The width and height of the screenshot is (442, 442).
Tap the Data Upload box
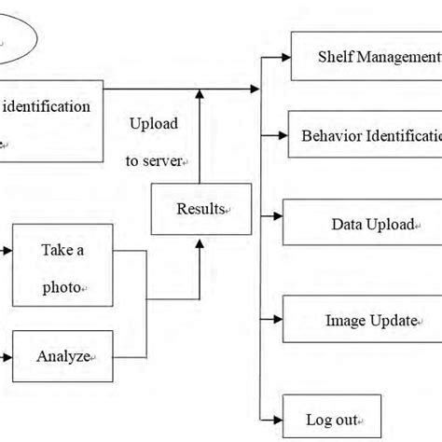point(363,224)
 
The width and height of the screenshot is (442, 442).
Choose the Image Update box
point(363,321)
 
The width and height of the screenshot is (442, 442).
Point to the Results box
point(200,209)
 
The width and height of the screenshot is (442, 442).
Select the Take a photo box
point(63,267)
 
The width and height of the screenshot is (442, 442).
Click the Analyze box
point(63,355)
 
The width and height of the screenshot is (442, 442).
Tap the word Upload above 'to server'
point(154,124)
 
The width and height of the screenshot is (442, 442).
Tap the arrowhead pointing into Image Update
point(277,322)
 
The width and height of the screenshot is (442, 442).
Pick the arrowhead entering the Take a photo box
point(7,250)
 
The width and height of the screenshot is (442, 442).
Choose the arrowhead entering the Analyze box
point(7,355)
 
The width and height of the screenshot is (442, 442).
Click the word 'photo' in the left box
point(62,288)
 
